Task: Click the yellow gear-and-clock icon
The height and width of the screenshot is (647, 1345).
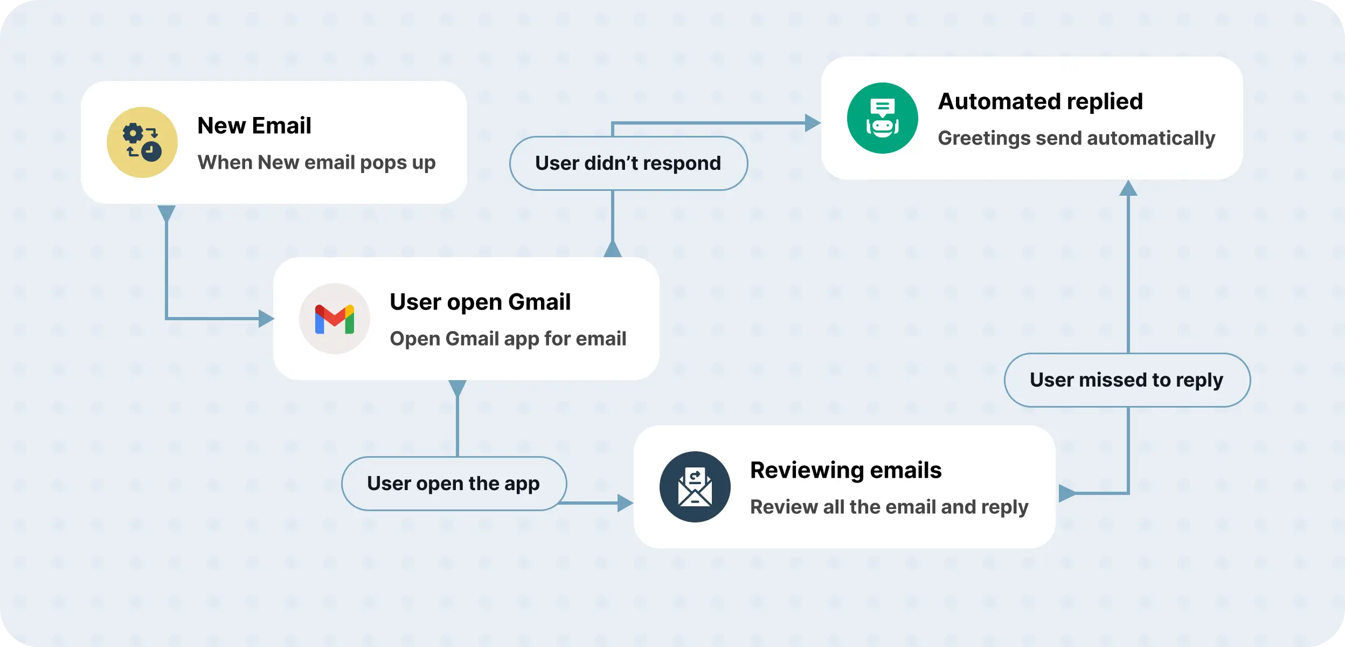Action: [x=142, y=142]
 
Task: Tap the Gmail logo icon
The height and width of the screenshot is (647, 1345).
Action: [x=335, y=319]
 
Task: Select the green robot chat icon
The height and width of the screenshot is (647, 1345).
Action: [x=882, y=118]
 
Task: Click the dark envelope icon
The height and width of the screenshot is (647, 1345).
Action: [x=695, y=487]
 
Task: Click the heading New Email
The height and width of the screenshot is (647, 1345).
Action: [x=254, y=126]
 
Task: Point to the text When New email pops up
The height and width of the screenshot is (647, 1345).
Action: [x=316, y=162]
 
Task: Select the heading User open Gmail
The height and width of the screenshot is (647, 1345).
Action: [x=480, y=302]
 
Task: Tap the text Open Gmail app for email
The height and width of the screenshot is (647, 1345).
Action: [x=508, y=339]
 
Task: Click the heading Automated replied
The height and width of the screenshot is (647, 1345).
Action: [x=1040, y=101]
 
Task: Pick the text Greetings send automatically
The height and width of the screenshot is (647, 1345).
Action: [x=1076, y=138]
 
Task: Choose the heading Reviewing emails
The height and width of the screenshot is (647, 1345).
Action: [x=845, y=470]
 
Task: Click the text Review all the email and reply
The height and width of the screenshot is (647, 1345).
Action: [x=889, y=507]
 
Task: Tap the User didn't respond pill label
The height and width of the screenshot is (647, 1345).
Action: [x=628, y=163]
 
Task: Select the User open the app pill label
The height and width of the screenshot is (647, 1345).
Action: [x=454, y=484]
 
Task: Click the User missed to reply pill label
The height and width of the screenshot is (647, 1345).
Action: [x=1127, y=380]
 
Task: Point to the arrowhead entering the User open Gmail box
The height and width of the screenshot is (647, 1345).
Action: [x=266, y=319]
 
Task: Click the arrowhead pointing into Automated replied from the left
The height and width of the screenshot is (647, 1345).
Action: [x=812, y=123]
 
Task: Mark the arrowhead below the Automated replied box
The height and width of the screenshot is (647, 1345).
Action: [x=1128, y=189]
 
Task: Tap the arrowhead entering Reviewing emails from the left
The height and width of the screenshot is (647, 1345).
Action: [x=625, y=503]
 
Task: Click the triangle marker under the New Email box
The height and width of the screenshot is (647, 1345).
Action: [x=167, y=212]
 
